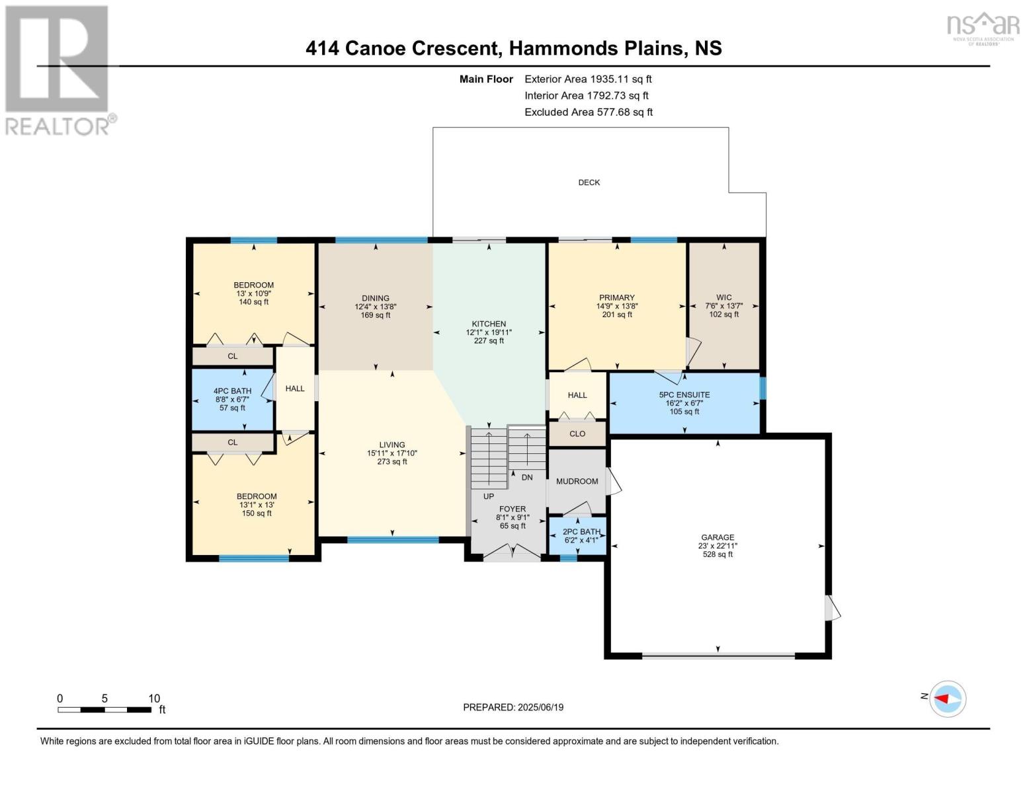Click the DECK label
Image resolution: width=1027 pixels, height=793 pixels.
[x=589, y=182]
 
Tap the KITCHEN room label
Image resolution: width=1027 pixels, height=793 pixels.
[x=489, y=324]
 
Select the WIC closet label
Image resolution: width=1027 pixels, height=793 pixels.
[x=723, y=297]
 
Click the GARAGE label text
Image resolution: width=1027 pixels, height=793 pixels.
[x=718, y=537]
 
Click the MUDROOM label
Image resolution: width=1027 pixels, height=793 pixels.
[x=577, y=481]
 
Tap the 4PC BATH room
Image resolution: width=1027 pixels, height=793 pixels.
[x=232, y=399]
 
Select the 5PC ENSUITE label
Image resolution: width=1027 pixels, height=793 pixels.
[x=684, y=395]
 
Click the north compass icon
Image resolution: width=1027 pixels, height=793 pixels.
[x=948, y=699]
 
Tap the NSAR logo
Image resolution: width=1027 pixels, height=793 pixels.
[x=983, y=28]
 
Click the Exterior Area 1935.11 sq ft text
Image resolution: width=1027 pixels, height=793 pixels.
[x=588, y=79]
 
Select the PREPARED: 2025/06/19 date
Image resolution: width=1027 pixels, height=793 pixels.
[x=513, y=707]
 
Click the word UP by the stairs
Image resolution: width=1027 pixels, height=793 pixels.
[x=488, y=496]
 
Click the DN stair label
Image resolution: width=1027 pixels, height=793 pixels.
[x=527, y=477]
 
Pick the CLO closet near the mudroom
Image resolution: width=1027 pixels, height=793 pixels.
[x=577, y=434]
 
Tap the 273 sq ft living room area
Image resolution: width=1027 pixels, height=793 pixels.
[x=392, y=462]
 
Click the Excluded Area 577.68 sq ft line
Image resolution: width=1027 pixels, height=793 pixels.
[x=589, y=112]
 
